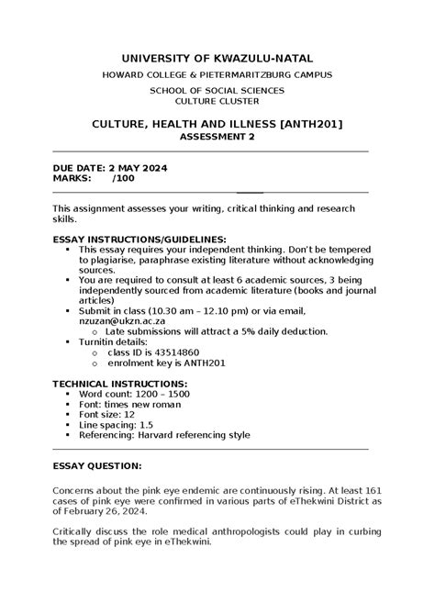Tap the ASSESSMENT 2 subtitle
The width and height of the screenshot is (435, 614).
coord(217,136)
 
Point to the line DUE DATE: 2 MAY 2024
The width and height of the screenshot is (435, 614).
coord(109,168)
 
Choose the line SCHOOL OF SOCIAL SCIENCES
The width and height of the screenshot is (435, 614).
coord(217,90)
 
